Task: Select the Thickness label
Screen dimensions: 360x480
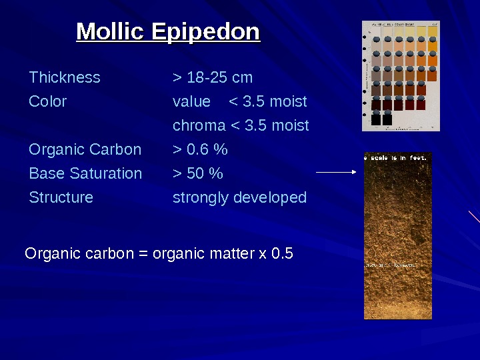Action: [x=65, y=77]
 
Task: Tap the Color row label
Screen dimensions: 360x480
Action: [x=48, y=101]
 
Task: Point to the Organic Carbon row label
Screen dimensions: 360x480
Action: [x=85, y=149]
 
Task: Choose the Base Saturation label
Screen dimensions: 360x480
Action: [x=85, y=173]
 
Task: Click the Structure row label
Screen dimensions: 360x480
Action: [x=61, y=197]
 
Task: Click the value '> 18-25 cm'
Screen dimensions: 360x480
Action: [x=213, y=77]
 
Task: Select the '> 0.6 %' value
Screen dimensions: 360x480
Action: [x=200, y=149]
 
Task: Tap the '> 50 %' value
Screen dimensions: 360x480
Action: [x=198, y=173]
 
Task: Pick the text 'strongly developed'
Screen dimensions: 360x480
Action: [x=239, y=197]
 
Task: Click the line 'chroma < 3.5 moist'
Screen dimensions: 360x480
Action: [x=241, y=125]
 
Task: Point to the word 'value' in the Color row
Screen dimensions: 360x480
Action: [x=191, y=101]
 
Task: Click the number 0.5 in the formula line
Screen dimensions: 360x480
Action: [x=283, y=254]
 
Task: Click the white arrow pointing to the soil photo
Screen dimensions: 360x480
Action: [x=337, y=172]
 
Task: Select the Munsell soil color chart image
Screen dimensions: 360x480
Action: [x=401, y=76]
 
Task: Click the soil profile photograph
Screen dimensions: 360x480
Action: [x=398, y=240]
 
